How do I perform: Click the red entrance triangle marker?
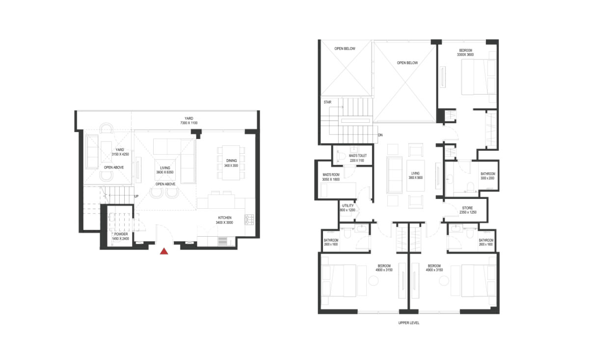click(x=164, y=251)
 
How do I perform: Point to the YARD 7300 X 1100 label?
click(x=189, y=120)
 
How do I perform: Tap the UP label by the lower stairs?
click(x=136, y=196)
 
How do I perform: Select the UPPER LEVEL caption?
click(x=408, y=323)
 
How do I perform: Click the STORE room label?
click(x=467, y=210)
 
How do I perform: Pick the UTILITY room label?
click(x=347, y=207)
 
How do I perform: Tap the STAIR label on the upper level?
click(x=327, y=102)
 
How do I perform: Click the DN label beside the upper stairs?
click(x=380, y=135)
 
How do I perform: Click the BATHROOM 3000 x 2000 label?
click(x=487, y=176)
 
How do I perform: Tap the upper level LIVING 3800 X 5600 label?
click(x=416, y=175)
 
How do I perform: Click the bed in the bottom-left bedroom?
click(x=340, y=280)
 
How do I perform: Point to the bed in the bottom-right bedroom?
click(x=477, y=280)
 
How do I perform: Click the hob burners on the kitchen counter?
click(x=249, y=219)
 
